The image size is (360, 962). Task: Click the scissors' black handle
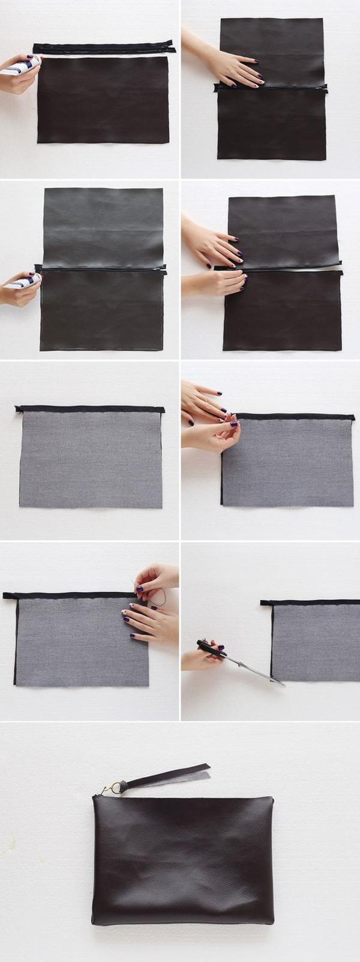coord(208,647)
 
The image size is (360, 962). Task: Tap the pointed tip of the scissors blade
coord(283,684)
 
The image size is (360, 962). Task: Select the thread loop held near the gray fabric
coord(158,597)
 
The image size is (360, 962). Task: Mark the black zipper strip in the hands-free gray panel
coord(90,408)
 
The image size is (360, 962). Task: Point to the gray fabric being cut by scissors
coord(316,642)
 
